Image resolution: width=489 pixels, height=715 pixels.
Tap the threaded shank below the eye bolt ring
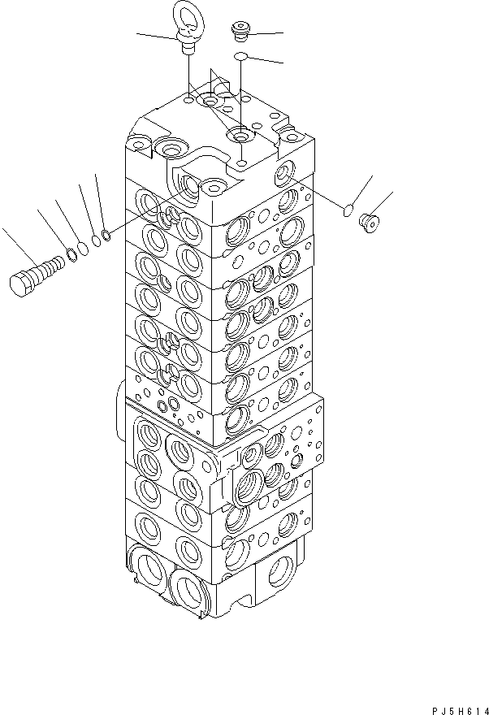point(188,47)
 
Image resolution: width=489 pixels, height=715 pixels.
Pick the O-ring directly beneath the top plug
point(240,56)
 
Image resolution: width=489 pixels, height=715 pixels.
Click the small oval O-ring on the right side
point(347,210)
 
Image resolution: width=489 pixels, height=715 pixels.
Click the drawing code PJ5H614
point(452,708)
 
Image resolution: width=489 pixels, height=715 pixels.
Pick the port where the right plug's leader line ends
point(286,172)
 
